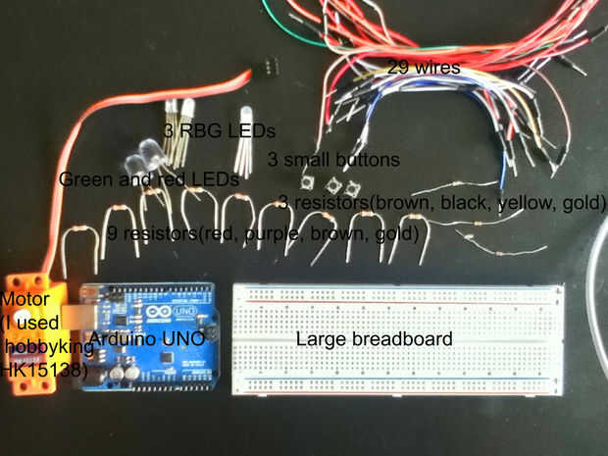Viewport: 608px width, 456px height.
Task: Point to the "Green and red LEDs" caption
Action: point(149,179)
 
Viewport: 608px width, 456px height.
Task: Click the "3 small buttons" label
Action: point(333,159)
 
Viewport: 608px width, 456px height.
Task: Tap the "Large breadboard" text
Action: point(374,339)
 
